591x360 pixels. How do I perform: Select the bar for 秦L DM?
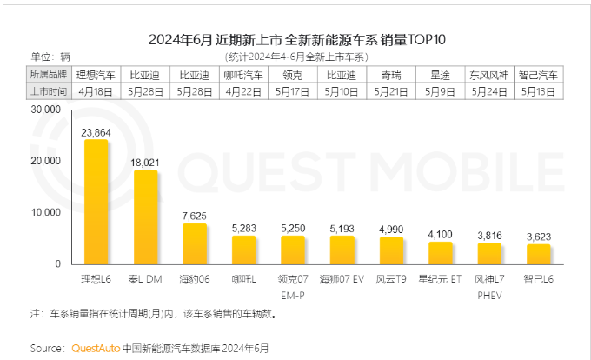click(145, 217)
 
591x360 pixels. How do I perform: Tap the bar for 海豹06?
click(195, 243)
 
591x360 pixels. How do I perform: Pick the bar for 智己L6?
click(539, 254)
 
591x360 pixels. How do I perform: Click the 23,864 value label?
click(96, 132)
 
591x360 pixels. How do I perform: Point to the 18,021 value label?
click(145, 162)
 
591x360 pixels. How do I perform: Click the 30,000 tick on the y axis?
click(43, 110)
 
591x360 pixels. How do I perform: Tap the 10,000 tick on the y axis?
click(43, 212)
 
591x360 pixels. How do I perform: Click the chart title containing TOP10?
click(295, 40)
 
